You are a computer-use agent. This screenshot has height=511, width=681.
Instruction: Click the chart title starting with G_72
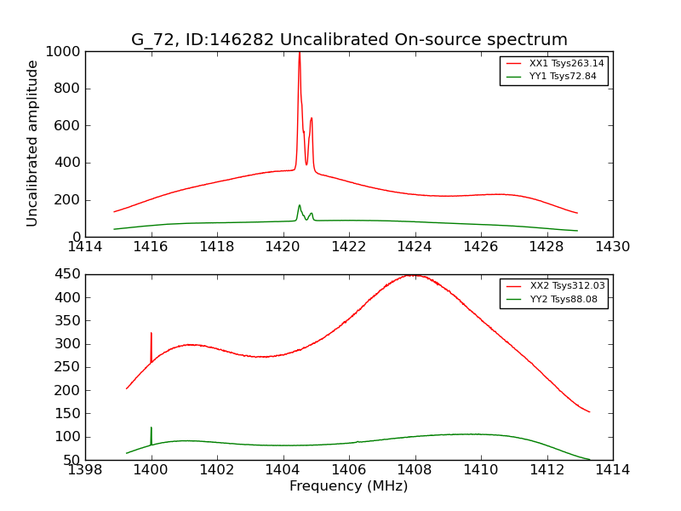click(349, 40)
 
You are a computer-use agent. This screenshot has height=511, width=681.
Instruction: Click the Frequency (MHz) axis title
click(349, 486)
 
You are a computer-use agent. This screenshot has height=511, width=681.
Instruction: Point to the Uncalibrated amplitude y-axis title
click(33, 143)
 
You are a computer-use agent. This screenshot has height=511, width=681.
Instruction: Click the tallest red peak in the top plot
click(299, 55)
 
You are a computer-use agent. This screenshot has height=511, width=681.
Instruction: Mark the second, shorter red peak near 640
click(312, 118)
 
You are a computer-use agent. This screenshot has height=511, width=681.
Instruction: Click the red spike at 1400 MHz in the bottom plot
click(152, 334)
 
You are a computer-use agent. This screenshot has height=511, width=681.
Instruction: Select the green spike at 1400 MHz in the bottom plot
click(152, 428)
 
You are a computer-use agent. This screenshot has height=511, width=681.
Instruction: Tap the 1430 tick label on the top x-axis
click(612, 247)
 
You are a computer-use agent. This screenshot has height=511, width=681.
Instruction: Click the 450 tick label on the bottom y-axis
click(68, 274)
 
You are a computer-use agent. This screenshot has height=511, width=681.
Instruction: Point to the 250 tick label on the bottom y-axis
click(68, 367)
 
